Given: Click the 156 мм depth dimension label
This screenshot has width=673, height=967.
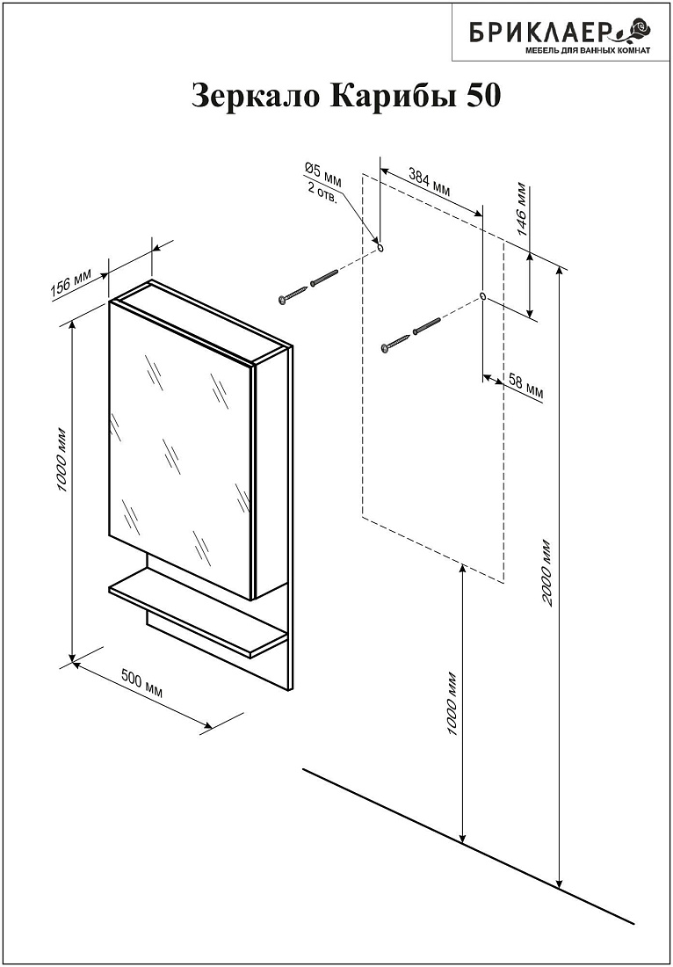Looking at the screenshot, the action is (x=71, y=285).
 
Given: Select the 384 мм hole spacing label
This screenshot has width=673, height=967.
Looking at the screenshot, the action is (x=430, y=180).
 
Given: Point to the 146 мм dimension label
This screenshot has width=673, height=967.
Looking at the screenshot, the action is (x=521, y=210).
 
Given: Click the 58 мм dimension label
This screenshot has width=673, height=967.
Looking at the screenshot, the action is (x=525, y=388).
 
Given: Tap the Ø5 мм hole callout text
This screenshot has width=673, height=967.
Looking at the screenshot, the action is (x=322, y=173).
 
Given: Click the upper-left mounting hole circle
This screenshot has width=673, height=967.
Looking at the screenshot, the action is (x=380, y=247).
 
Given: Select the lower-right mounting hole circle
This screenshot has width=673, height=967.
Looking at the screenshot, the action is (x=482, y=296).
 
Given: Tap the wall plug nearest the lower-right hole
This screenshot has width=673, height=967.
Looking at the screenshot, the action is (x=426, y=325).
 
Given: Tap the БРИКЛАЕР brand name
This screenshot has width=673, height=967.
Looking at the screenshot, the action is (x=541, y=31).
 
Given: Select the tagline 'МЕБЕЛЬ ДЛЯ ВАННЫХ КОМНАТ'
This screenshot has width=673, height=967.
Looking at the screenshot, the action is (x=587, y=50).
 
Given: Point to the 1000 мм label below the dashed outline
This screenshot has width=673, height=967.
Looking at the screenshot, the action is (x=453, y=702).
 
